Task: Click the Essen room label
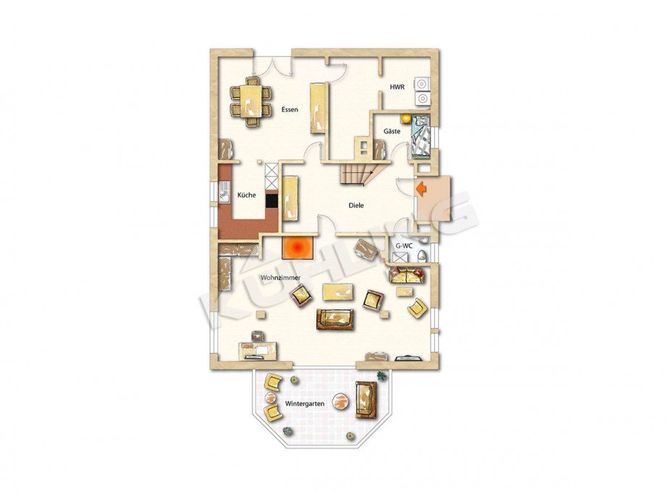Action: [290, 109]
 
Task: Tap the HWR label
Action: [397, 87]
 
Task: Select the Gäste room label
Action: [392, 131]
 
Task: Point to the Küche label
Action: [247, 195]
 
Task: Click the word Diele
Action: [356, 205]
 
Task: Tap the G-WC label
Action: [404, 246]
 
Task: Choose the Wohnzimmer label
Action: [280, 278]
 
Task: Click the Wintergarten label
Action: [305, 404]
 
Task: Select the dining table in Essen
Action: [250, 101]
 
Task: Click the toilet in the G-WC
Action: [422, 256]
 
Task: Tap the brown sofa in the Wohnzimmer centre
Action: [334, 320]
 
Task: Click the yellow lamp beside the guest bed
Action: [405, 118]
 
